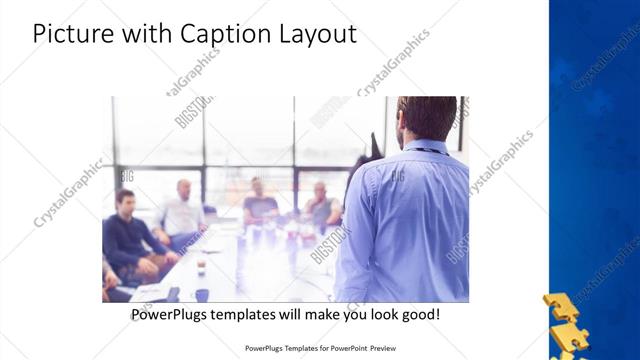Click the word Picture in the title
click(69, 34)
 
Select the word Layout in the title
click(315, 34)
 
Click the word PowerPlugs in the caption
click(172, 314)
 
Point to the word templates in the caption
click(251, 314)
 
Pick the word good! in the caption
click(419, 314)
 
